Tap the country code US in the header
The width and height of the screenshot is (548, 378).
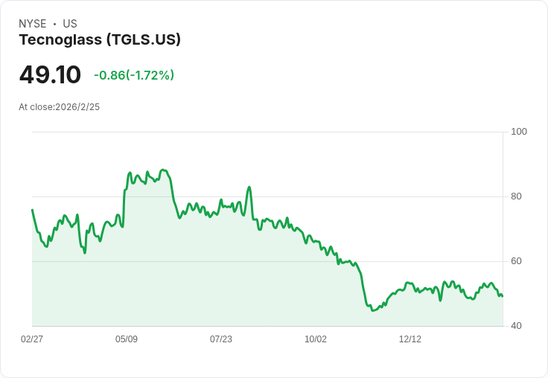coord(70,24)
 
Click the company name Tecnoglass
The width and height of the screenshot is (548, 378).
coord(60,40)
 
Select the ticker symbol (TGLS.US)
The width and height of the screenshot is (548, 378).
coord(144,40)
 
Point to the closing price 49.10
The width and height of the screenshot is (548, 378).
coord(50,75)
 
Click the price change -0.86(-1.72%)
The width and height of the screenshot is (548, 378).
coord(134,75)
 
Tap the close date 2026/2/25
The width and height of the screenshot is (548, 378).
coord(77,107)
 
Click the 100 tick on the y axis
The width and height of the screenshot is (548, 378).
coord(519,132)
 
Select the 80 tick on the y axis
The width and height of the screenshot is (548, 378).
coord(516,196)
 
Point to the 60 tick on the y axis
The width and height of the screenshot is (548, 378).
coord(516,261)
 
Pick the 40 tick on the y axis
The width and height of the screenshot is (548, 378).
coord(516,326)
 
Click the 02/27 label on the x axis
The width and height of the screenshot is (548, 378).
coord(32,339)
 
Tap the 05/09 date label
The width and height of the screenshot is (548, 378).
coord(127,339)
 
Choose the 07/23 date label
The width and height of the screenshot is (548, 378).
coord(221,339)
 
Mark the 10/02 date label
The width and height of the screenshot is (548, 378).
coord(316,339)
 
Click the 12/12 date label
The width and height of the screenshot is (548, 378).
coord(410,339)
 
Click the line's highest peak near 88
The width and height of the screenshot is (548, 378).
coord(163,170)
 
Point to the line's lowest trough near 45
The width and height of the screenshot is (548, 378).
coord(373,310)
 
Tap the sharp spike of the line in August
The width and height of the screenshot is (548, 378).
coord(249,187)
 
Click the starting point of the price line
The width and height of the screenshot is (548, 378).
coord(32,210)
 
